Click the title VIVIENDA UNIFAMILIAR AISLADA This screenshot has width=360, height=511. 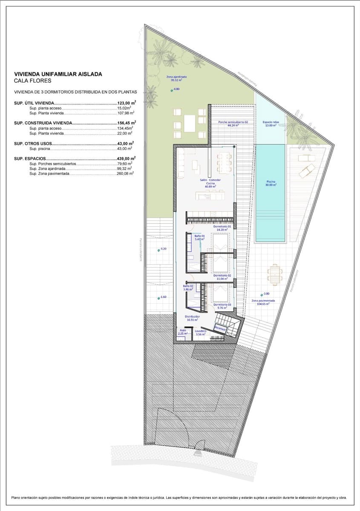(58, 74)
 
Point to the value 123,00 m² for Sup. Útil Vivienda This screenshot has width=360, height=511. (127, 103)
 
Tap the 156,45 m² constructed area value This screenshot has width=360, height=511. (127, 123)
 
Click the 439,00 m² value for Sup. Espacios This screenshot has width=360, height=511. (127, 158)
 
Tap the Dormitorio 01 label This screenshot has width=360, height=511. (222, 228)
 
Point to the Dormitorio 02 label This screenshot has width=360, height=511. (222, 277)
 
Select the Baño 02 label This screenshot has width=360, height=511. (188, 287)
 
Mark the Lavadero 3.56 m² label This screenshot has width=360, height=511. (200, 332)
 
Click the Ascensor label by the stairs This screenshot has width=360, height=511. (220, 328)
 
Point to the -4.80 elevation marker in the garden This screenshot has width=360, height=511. (176, 89)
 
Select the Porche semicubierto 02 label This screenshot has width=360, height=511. (233, 123)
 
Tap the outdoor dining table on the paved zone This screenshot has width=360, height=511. (275, 275)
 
